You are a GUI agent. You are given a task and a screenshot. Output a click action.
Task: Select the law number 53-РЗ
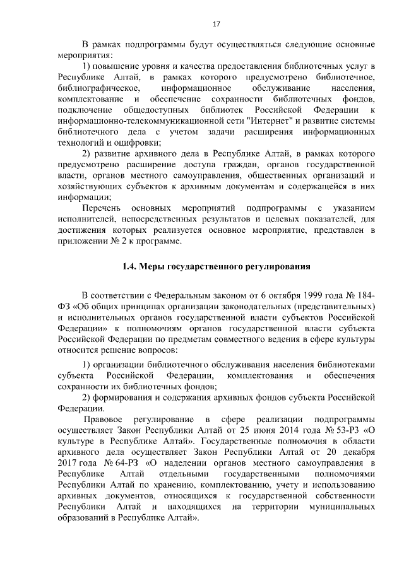point(339,431)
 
